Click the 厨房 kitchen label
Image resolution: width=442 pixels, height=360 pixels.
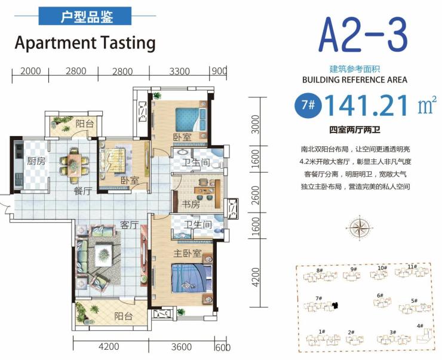[36, 161]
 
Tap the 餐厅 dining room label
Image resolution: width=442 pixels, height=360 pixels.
[83, 191]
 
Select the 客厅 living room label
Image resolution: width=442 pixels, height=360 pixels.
[130, 225]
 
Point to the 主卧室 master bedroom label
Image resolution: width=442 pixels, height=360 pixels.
[187, 253]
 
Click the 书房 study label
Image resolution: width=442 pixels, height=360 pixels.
[191, 204]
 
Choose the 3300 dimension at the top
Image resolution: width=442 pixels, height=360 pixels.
[179, 71]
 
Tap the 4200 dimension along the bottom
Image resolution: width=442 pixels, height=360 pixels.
[109, 346]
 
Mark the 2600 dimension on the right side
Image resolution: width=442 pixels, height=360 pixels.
[255, 195]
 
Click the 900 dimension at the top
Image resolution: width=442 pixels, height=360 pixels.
[219, 71]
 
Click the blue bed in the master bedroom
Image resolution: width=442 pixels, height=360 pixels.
[191, 278]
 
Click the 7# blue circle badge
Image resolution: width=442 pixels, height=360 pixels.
[308, 105]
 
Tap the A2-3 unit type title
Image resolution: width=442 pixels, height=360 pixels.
[363, 35]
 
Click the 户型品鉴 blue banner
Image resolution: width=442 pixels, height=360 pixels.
[85, 16]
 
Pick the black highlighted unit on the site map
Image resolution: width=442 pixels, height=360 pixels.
[335, 305]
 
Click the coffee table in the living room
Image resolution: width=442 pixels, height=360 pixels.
[103, 255]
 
